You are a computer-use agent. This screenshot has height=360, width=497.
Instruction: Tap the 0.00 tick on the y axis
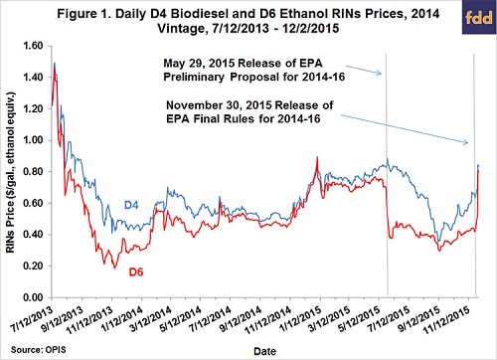(33, 298)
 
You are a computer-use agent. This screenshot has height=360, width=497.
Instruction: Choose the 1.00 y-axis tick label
(33, 141)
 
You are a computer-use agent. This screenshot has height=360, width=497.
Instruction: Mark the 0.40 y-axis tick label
(33, 236)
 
